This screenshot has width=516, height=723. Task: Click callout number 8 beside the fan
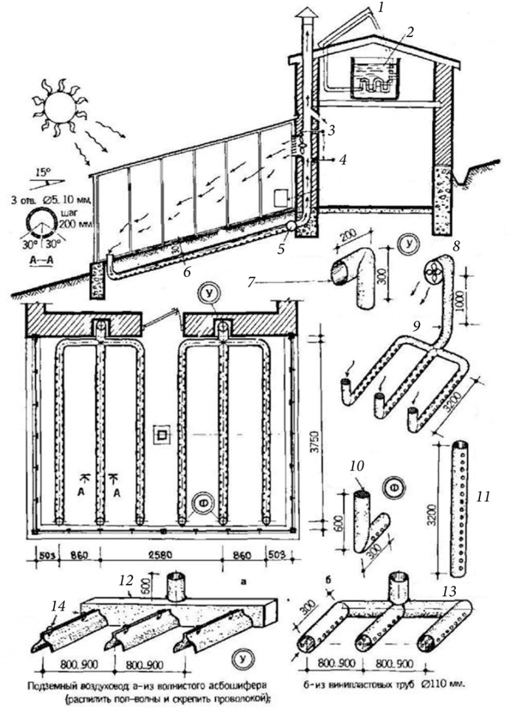click(x=455, y=249)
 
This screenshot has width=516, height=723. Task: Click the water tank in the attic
click(x=371, y=80)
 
